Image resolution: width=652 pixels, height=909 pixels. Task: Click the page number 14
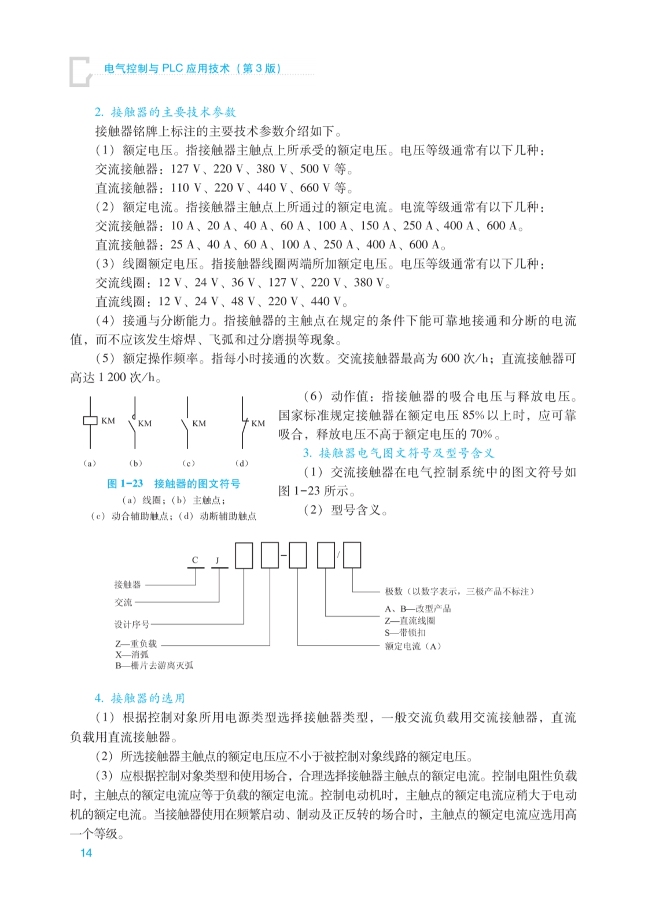click(x=86, y=852)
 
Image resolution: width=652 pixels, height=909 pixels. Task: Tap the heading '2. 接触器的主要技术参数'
click(x=165, y=112)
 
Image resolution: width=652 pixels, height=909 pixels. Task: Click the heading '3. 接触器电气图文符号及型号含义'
click(x=399, y=453)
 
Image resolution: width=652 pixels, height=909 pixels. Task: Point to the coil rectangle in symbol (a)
click(x=90, y=420)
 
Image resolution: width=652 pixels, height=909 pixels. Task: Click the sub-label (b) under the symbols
click(x=136, y=463)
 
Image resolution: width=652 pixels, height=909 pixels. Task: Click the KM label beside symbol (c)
click(x=199, y=423)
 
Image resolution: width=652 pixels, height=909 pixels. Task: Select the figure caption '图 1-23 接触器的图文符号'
click(x=174, y=483)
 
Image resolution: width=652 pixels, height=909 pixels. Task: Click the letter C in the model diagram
click(x=195, y=560)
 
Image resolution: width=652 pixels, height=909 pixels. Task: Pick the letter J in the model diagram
click(x=218, y=560)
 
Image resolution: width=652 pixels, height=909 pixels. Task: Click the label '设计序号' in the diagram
click(x=131, y=624)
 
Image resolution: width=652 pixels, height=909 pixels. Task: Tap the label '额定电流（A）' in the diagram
click(x=412, y=646)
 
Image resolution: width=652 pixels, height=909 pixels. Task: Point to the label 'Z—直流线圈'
click(x=410, y=621)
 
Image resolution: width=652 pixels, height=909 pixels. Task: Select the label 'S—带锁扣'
click(x=405, y=633)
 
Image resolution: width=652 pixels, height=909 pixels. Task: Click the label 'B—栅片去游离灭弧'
click(x=154, y=666)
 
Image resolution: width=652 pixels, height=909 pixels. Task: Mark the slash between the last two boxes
click(x=338, y=555)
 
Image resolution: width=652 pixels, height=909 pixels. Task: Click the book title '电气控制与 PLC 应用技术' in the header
click(x=167, y=68)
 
